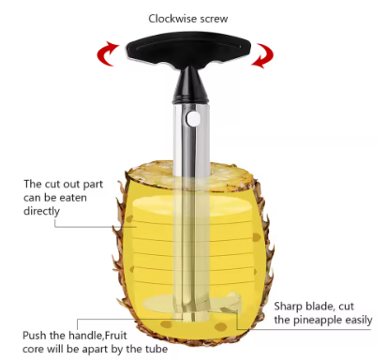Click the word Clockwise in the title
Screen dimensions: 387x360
pyautogui.click(x=173, y=18)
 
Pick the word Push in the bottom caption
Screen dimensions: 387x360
pyautogui.click(x=37, y=334)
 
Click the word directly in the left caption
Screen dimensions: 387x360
pyautogui.click(x=40, y=211)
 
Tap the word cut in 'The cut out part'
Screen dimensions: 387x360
pyautogui.click(x=55, y=184)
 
